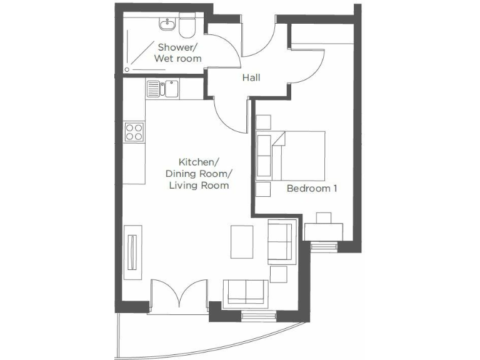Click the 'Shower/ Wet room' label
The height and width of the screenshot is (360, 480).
pyautogui.click(x=179, y=52)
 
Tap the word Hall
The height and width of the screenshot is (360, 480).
pyautogui.click(x=251, y=78)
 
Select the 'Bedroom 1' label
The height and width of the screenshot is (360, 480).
pyautogui.click(x=312, y=188)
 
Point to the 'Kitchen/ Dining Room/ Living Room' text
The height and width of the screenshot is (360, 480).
pyautogui.click(x=197, y=173)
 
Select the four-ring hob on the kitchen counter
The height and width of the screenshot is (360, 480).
pyautogui.click(x=134, y=132)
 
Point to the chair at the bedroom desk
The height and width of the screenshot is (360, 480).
pyautogui.click(x=324, y=218)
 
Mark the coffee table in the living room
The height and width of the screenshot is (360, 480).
pyautogui.click(x=242, y=241)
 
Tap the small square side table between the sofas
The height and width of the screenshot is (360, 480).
pyautogui.click(x=278, y=274)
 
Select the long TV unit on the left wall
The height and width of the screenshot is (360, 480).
pyautogui.click(x=132, y=251)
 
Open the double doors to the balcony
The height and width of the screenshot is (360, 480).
pyautogui.click(x=179, y=295)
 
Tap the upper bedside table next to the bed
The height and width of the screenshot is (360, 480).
pyautogui.click(x=263, y=122)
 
